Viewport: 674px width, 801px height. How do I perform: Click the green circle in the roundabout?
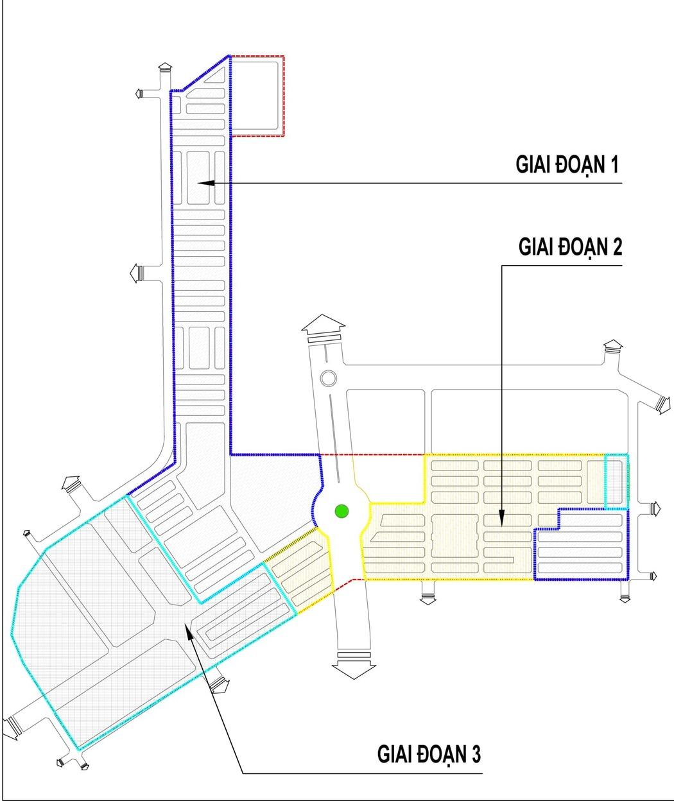(x=342, y=512)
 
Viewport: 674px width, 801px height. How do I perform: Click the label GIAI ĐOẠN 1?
(x=567, y=164)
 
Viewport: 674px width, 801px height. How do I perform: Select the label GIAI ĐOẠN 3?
(x=428, y=753)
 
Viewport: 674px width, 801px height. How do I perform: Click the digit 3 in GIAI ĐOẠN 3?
(x=476, y=753)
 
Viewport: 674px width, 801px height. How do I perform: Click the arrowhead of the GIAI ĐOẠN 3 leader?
(x=187, y=628)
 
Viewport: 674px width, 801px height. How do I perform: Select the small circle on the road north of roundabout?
(x=328, y=378)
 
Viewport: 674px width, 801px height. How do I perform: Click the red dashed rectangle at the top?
(x=257, y=96)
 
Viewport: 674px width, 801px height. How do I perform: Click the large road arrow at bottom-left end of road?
(x=11, y=728)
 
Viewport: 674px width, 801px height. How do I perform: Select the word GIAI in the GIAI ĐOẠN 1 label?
(x=534, y=164)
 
